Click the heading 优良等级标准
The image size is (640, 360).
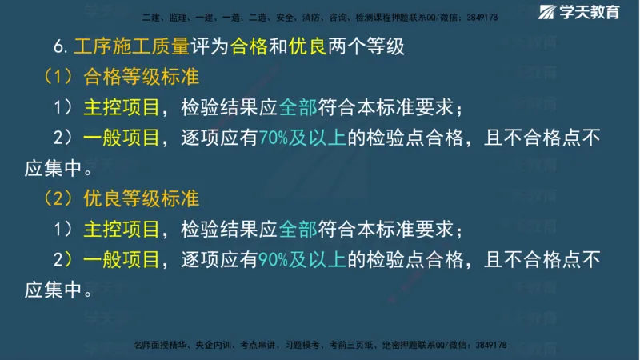coord(140,197)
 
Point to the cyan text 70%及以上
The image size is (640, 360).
coord(302,138)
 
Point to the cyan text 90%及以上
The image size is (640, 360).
coord(302,258)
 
